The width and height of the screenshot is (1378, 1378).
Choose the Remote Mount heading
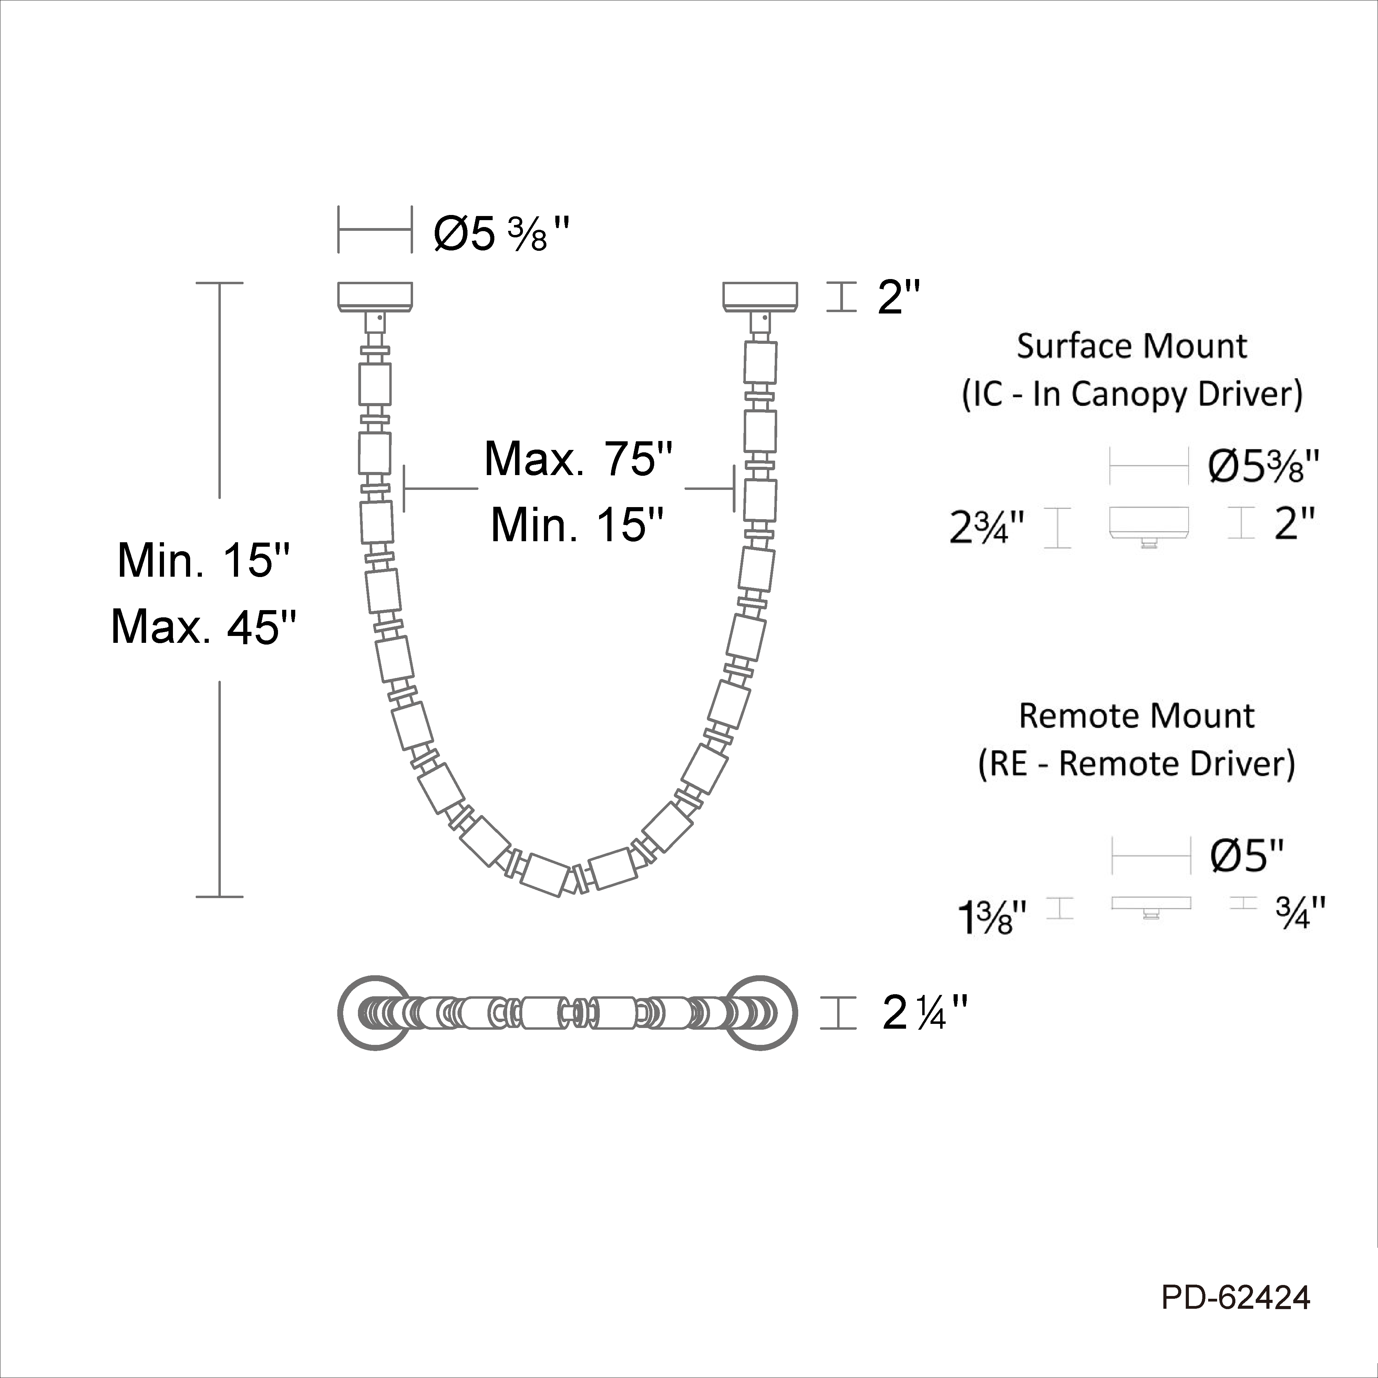click(x=1136, y=716)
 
